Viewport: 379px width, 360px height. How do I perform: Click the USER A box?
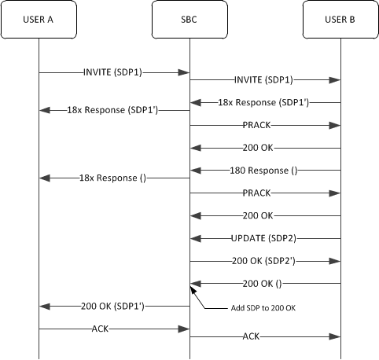(38, 19)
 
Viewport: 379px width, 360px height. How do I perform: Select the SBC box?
(189, 19)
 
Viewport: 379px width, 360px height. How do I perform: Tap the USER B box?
(340, 19)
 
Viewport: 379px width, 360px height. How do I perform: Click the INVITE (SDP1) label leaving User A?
(114, 72)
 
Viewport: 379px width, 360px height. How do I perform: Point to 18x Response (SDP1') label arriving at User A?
(114, 111)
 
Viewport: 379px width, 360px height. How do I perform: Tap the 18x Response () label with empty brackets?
(114, 178)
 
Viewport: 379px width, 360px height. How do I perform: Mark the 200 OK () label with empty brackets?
(265, 283)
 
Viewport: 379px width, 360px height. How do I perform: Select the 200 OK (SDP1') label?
(114, 305)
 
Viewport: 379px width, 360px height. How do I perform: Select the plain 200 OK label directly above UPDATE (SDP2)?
(265, 215)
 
